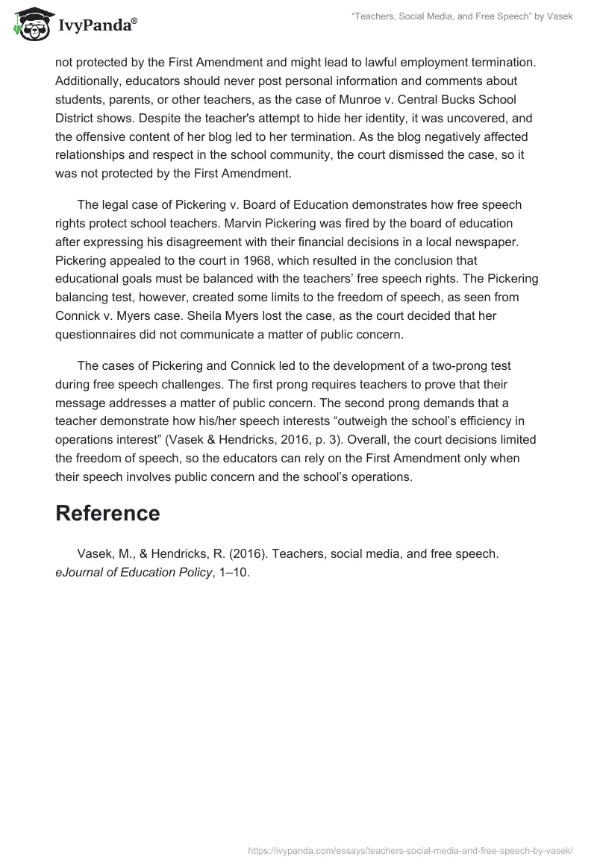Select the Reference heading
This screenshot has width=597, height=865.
[107, 513]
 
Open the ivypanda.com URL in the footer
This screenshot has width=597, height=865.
[410, 849]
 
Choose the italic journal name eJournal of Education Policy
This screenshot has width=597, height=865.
[133, 572]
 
